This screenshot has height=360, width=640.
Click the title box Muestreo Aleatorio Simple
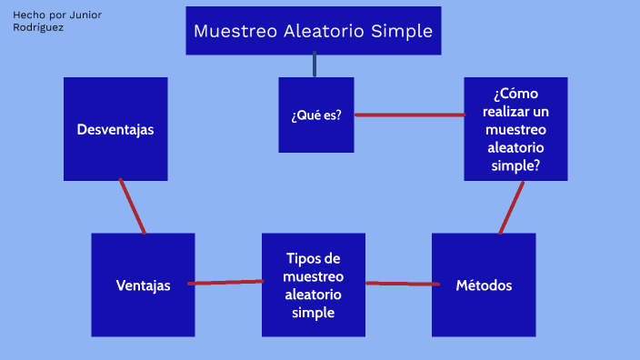tap(314, 31)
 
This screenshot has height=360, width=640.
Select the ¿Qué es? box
tap(315, 115)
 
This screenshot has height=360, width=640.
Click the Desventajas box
tap(115, 129)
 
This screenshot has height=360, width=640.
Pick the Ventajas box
tap(143, 285)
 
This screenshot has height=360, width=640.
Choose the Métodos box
tap(484, 285)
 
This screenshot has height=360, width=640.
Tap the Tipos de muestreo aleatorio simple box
tap(314, 285)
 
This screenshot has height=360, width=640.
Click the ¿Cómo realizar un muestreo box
tap(515, 129)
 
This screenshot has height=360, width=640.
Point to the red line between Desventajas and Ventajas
tap(133, 206)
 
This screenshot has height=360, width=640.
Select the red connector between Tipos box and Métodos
tap(398, 284)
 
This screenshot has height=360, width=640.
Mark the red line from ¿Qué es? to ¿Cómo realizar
tap(409, 115)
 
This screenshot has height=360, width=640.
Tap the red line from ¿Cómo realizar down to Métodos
tap(512, 207)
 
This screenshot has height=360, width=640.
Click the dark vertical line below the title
tap(315, 65)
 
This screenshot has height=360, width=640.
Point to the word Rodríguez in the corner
tap(39, 27)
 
